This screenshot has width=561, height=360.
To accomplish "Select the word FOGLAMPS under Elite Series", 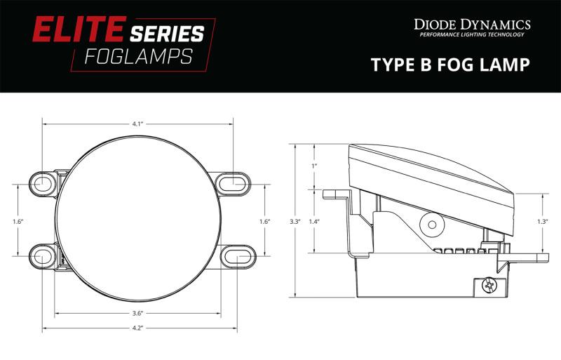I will click(138, 57).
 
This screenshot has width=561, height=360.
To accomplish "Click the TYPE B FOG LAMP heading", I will click(450, 65).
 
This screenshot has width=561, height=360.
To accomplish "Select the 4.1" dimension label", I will click(137, 124).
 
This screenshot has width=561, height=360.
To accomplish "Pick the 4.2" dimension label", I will click(137, 327).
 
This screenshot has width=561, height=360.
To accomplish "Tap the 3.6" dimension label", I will click(137, 313).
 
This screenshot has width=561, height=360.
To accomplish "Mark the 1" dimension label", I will click(314, 166).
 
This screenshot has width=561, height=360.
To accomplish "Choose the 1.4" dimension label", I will click(314, 222).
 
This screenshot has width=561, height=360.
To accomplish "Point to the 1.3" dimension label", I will click(541, 222).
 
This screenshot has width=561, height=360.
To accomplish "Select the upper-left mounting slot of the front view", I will click(42, 183).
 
